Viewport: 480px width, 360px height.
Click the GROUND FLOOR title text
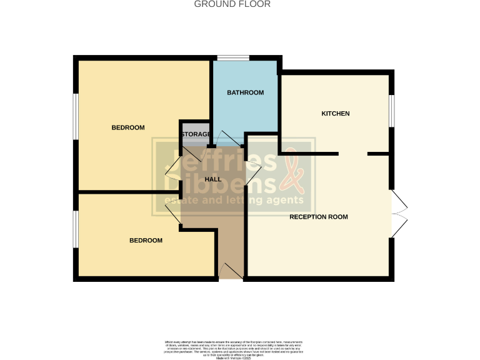(x=232, y=4)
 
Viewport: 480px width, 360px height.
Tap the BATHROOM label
(x=245, y=92)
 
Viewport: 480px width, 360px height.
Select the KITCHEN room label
(x=335, y=114)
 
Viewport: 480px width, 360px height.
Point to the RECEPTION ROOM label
(x=318, y=217)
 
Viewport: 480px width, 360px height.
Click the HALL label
(x=214, y=179)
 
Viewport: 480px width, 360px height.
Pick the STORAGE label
(x=196, y=134)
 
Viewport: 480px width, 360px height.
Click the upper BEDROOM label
(x=128, y=127)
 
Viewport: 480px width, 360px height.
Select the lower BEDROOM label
(x=146, y=240)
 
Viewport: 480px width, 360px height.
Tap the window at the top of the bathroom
(x=233, y=59)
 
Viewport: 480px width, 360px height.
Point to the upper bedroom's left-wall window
(x=76, y=117)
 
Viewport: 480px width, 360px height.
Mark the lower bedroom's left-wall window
(x=76, y=228)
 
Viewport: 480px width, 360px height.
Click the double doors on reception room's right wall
(x=399, y=213)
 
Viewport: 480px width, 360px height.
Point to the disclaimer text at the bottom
(x=239, y=347)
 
